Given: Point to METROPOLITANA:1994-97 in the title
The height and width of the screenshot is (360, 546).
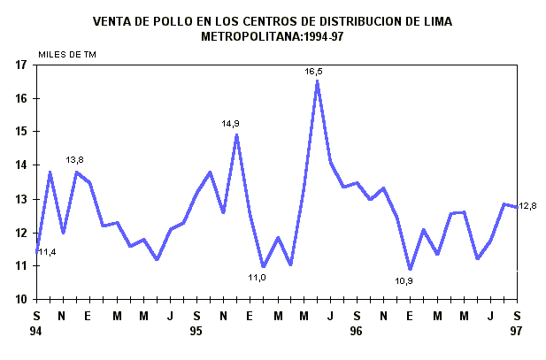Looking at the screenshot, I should tap(272, 36).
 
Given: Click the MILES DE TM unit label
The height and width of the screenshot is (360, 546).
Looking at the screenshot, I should tap(67, 55).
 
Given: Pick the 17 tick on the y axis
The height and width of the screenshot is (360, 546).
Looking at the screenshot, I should tap(20, 65).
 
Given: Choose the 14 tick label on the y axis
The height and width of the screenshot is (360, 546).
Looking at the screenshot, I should tap(20, 165).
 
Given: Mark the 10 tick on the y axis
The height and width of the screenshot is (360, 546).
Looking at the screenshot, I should tap(20, 299).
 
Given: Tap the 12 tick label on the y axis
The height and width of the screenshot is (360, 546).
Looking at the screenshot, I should tap(20, 233).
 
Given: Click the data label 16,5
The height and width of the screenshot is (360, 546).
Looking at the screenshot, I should tap(314, 71).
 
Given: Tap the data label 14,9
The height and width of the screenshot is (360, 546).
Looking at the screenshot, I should tap(231, 124).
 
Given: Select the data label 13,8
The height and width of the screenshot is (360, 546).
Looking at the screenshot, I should tap(75, 160).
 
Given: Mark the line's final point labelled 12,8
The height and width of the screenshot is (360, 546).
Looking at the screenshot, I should tap(517, 207).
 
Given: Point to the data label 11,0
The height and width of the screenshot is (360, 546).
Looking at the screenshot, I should tap(257, 277).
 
